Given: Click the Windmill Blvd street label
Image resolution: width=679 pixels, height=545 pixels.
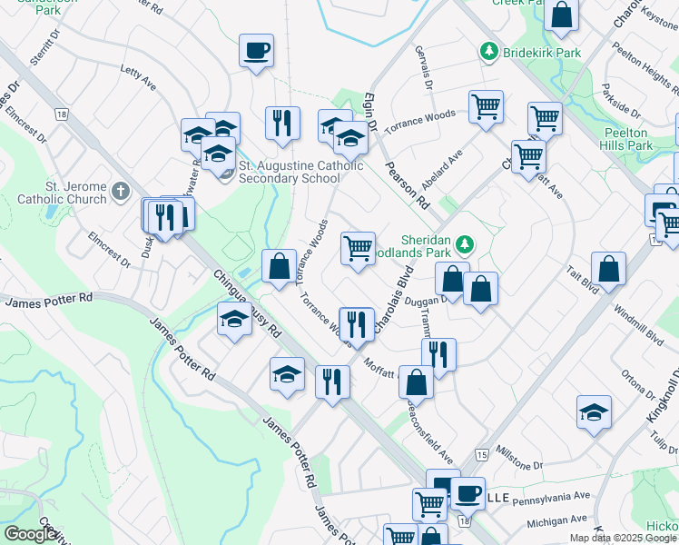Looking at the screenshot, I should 639,326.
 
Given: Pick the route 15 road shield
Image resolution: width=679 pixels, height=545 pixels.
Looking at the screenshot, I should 480,453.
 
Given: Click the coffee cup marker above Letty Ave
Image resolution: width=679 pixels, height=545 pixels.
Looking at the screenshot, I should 257,50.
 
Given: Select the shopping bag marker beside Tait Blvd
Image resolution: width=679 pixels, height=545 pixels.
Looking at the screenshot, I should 609,269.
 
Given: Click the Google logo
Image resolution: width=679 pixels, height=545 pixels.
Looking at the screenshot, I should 30,534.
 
